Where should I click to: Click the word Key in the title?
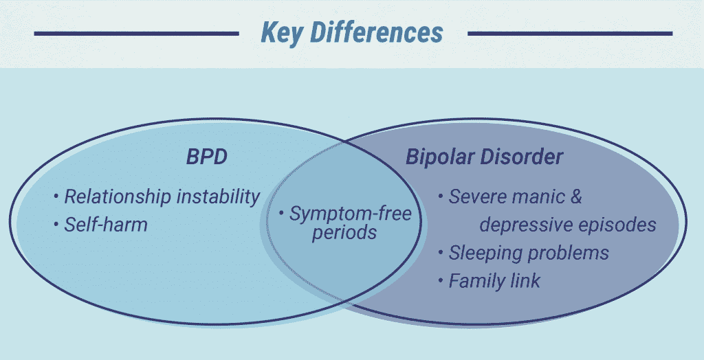(281, 34)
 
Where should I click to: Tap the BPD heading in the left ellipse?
(206, 157)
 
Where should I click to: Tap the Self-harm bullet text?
(106, 225)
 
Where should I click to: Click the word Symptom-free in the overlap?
(350, 214)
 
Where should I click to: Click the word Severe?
(477, 197)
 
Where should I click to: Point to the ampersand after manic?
(575, 197)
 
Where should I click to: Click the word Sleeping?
(485, 254)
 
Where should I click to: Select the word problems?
(567, 254)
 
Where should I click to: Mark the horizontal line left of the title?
(137, 33)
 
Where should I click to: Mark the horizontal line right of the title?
(570, 33)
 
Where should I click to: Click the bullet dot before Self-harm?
(56, 223)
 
